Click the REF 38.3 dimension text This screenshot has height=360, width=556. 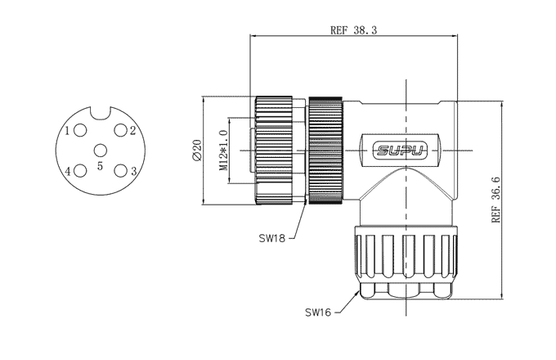pos(353,29)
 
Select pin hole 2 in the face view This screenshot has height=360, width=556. pos(120,131)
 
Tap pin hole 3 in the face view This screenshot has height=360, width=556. pos(120,170)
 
